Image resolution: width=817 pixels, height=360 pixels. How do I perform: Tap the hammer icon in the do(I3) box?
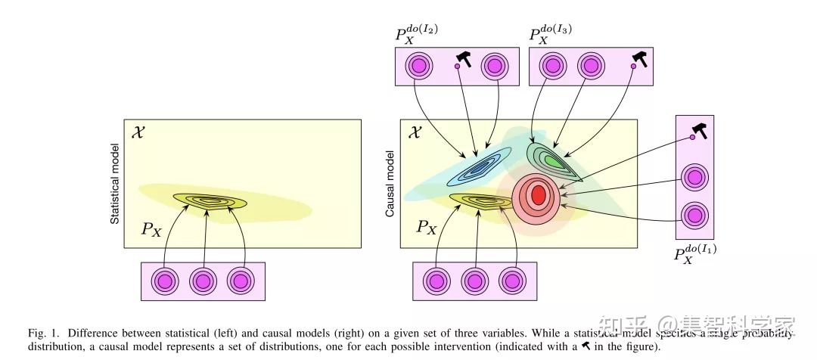pyautogui.click(x=640, y=59)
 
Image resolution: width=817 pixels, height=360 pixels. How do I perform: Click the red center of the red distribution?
pyautogui.click(x=538, y=194)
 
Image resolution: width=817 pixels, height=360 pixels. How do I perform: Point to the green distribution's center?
pyautogui.click(x=554, y=160)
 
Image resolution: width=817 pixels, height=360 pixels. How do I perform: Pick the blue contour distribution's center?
pyautogui.click(x=479, y=166)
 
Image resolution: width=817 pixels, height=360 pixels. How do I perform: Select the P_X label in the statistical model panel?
pyautogui.click(x=151, y=229)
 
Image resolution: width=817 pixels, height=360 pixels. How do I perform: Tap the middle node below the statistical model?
pyautogui.click(x=203, y=281)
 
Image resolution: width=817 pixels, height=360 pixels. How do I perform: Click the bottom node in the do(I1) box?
pyautogui.click(x=694, y=214)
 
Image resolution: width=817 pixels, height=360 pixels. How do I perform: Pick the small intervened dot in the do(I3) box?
pyautogui.click(x=632, y=67)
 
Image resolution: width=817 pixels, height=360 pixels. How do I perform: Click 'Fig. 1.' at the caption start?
pyautogui.click(x=42, y=334)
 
